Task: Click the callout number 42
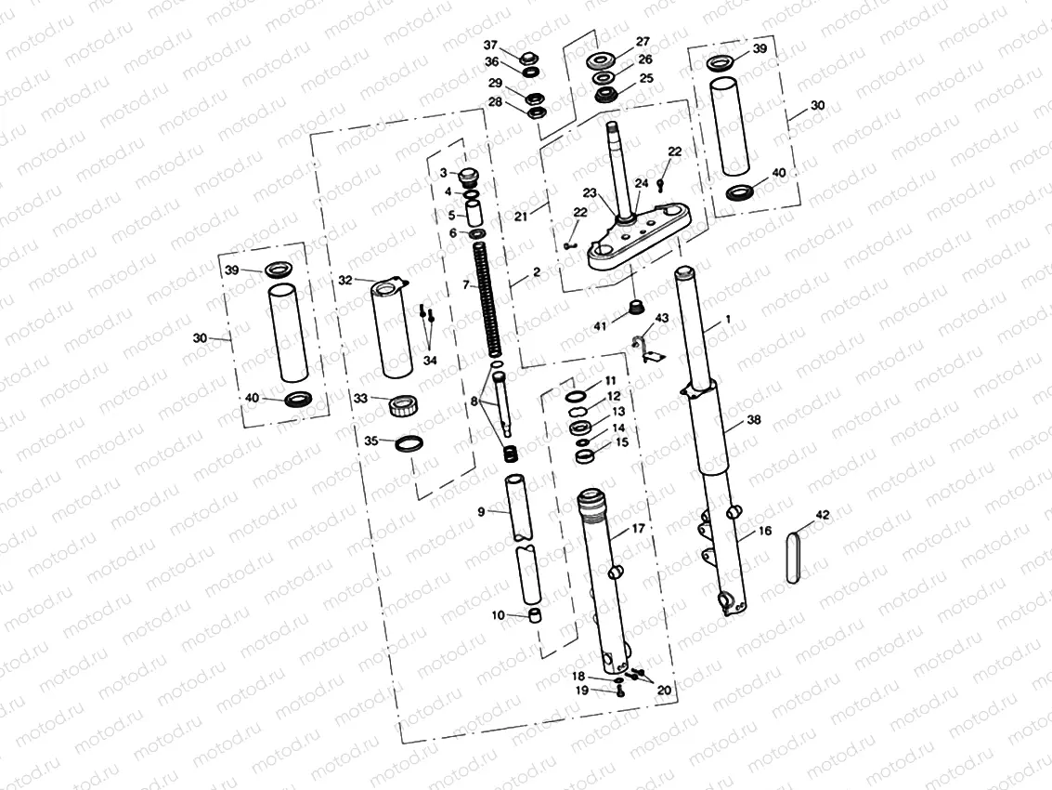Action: (822, 514)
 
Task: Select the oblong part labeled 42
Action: (793, 557)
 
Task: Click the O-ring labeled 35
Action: (409, 444)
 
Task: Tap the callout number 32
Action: (345, 279)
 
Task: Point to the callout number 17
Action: (639, 527)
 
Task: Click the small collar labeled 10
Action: (534, 616)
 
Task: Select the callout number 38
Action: (753, 419)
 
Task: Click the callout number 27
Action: (643, 42)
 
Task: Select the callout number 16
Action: (764, 531)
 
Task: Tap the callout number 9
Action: (482, 511)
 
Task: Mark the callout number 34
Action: (430, 360)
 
